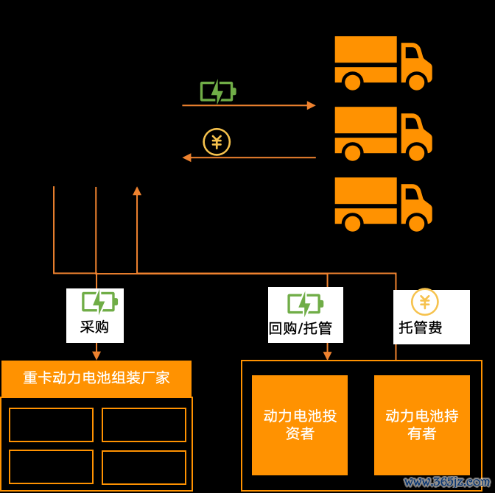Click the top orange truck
[x=383, y=63]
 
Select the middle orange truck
[x=383, y=134]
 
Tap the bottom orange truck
[x=383, y=205]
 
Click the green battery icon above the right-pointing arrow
[x=218, y=91]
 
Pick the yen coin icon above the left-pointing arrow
[x=217, y=142]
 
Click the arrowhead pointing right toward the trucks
[x=312, y=105]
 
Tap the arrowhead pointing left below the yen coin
[x=187, y=157]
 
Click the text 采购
[x=94, y=327]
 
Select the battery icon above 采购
[x=99, y=302]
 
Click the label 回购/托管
[x=301, y=328]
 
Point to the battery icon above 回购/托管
[x=306, y=304]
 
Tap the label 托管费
[x=420, y=327]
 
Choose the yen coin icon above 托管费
[x=425, y=302]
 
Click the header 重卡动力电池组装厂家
[x=96, y=378]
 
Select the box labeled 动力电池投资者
[x=300, y=425]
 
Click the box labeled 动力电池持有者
[x=422, y=425]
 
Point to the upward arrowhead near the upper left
[x=137, y=191]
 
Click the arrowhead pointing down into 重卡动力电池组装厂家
[x=96, y=355]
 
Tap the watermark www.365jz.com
[x=447, y=482]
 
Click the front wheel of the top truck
[x=417, y=81]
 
